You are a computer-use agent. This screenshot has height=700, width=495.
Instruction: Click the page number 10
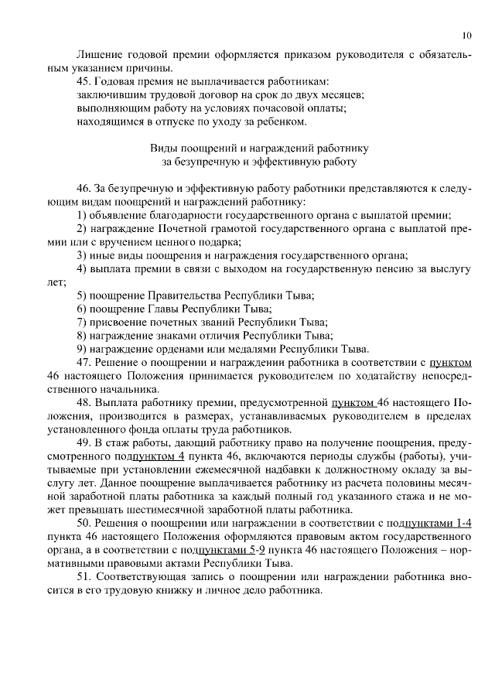coord(466,35)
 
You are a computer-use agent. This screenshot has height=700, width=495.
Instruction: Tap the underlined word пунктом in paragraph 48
coord(352,403)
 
